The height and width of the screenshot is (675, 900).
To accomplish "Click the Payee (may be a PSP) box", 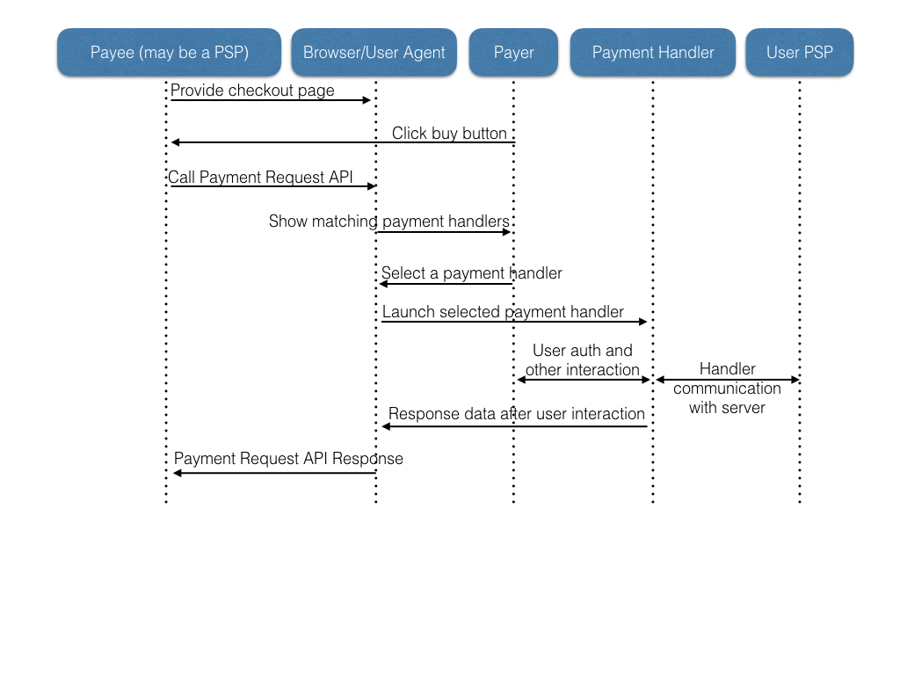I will coord(169,53).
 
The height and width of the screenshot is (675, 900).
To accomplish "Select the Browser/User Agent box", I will coord(374,53).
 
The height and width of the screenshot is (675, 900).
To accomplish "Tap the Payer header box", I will coord(513,53).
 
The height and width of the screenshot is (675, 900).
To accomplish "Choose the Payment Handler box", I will coord(653,53).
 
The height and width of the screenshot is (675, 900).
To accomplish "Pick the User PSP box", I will coord(799,53).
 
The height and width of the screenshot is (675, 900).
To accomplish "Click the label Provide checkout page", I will coord(252,91).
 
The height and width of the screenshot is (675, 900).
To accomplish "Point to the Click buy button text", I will coord(449,134).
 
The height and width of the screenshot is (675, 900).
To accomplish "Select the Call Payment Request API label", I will coord(260,178).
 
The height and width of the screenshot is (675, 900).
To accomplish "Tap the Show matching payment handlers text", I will coord(388,221).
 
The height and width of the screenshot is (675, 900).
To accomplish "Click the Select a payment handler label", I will coord(472,273).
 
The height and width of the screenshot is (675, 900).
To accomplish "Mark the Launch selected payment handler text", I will coord(503,312).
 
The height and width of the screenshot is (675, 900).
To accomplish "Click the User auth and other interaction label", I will coord(583,360).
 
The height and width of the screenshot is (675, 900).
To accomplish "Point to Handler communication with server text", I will coord(727,388).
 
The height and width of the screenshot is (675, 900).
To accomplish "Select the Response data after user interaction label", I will coord(517,414).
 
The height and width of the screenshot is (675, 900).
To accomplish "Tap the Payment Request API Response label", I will coord(288,459).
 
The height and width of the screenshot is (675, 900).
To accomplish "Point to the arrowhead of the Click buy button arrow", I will coord(176,142).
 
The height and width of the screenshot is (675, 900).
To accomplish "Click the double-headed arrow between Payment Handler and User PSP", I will coord(728,380).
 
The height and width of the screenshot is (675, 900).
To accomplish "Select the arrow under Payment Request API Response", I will coord(274,473).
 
